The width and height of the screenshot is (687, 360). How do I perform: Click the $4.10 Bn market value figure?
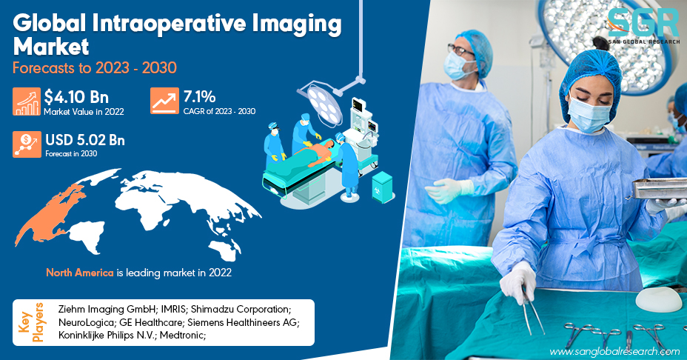tap(76, 97)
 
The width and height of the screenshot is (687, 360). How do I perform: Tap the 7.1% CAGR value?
tap(199, 96)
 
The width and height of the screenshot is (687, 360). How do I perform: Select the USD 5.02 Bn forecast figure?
tap(85, 140)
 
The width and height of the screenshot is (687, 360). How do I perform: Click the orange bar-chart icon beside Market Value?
tap(27, 101)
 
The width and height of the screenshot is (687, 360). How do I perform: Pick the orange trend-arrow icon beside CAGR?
tap(164, 101)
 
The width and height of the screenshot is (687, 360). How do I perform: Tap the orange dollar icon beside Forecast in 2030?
tap(27, 144)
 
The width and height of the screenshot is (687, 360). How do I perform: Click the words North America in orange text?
tap(80, 273)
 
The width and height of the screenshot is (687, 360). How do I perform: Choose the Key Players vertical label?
tap(31, 322)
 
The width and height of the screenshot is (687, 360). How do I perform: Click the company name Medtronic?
tap(182, 336)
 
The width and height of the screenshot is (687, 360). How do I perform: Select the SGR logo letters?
tap(643, 23)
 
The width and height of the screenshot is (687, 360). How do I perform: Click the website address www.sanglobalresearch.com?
tap(614, 352)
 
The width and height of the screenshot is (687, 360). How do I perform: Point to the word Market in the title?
tap(51, 47)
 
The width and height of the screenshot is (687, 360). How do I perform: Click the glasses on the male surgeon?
tap(460, 50)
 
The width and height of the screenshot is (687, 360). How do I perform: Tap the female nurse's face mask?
tap(588, 116)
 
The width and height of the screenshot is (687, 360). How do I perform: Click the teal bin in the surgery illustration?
tap(382, 187)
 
